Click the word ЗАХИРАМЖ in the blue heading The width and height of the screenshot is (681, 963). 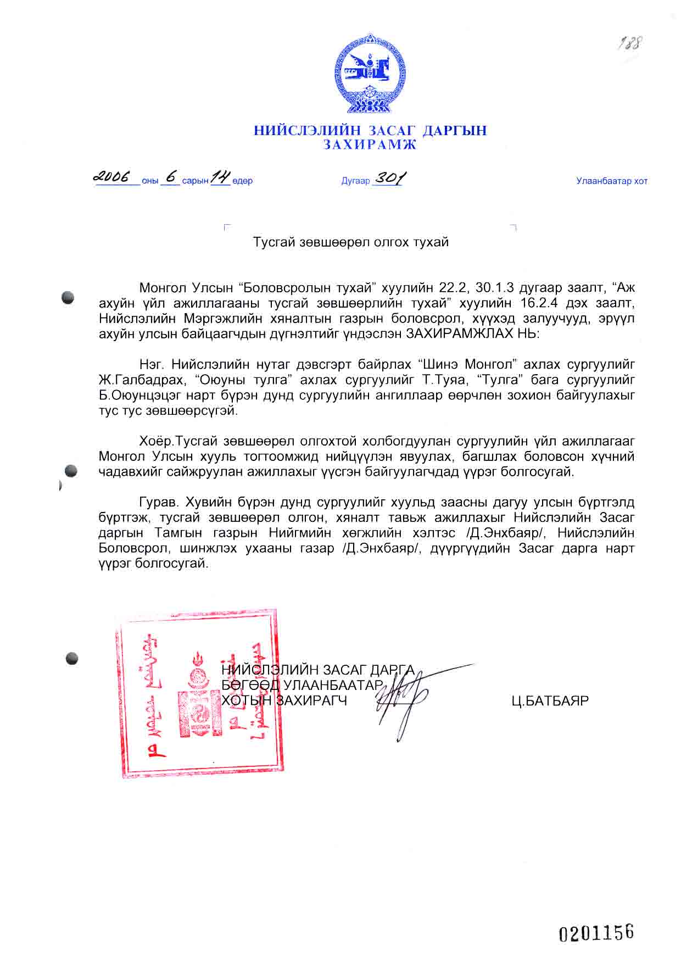370,145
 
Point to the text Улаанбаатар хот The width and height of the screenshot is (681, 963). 612,181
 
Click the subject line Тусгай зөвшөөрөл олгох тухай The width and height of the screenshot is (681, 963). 351,242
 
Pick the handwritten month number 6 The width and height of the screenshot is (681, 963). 171,177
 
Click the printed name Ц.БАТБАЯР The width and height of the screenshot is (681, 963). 550,701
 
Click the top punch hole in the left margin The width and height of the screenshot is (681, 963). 68,297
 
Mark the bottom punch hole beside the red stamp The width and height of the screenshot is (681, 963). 72,658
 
